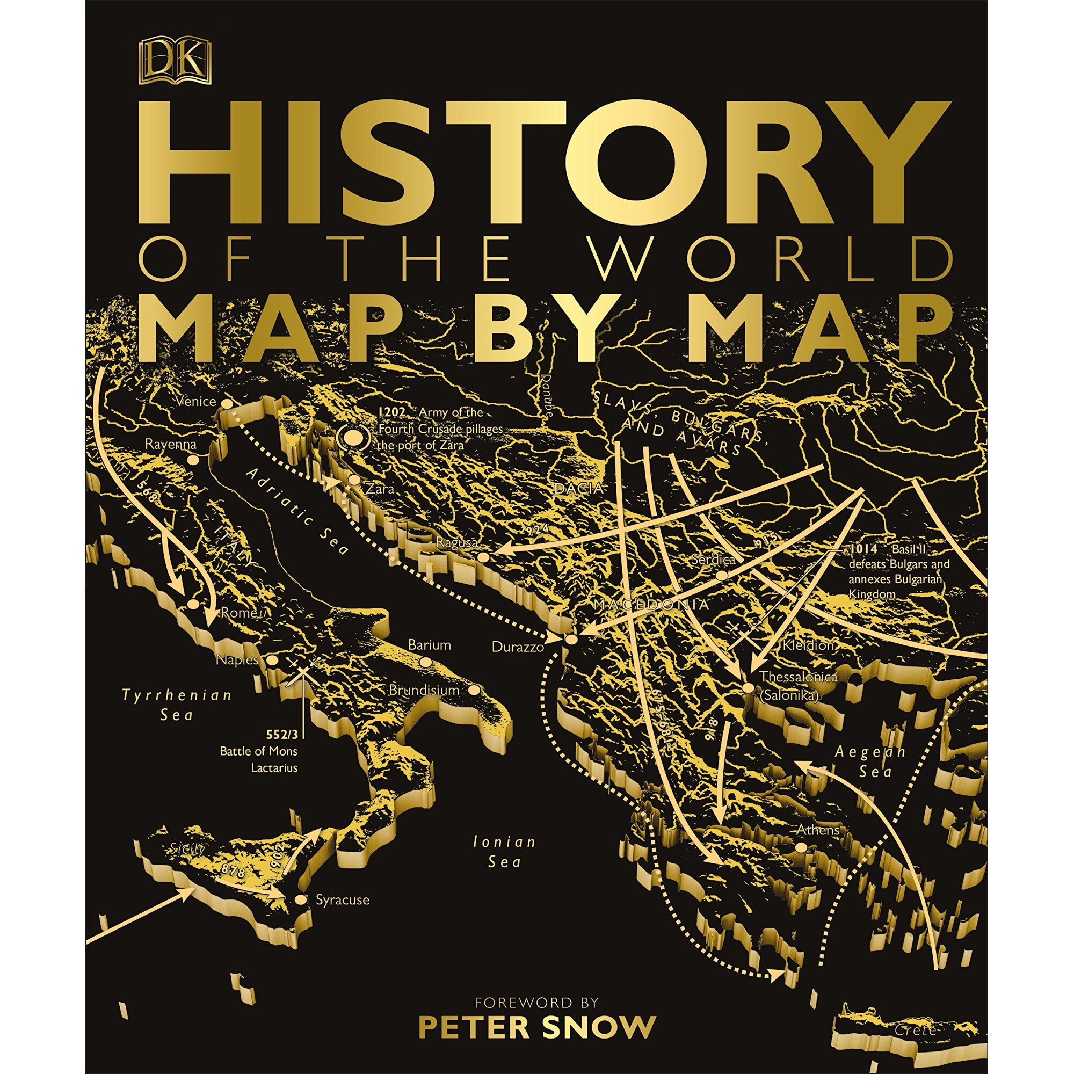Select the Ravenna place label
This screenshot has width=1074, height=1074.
coord(171,444)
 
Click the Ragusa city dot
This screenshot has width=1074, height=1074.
coord(484,556)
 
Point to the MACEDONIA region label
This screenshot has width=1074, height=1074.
coord(652,604)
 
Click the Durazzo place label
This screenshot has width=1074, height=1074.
coord(517,647)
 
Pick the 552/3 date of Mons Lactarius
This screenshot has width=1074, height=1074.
coord(282,734)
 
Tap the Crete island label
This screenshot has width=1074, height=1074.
coord(915,1029)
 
